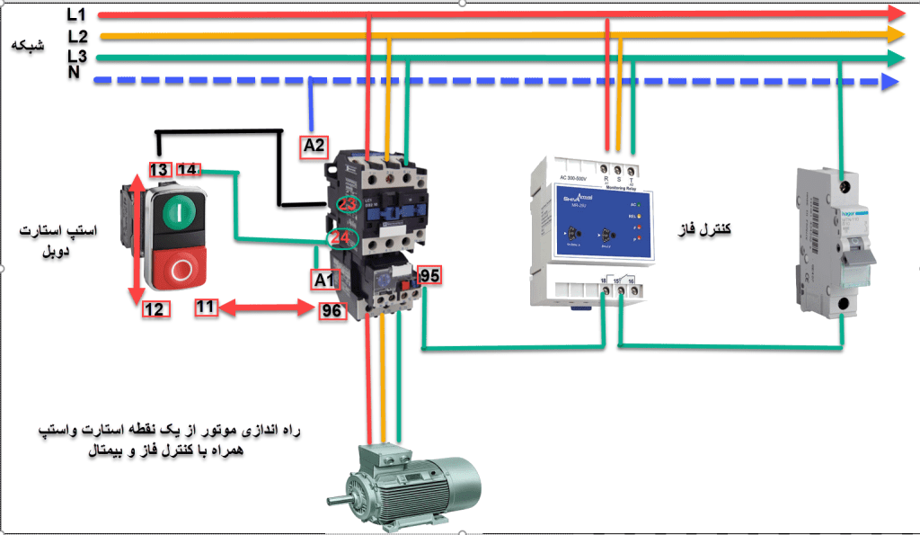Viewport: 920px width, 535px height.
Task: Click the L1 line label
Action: coord(77,14)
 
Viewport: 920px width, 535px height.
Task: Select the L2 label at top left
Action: coord(78,37)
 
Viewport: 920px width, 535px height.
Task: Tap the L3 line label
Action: coord(78,57)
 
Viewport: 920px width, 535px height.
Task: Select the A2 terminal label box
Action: coord(314,145)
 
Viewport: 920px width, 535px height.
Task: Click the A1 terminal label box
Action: coord(325,280)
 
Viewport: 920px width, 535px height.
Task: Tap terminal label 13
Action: coord(159,169)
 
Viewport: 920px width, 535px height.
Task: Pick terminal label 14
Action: coord(189,169)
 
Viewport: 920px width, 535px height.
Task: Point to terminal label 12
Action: coord(154,309)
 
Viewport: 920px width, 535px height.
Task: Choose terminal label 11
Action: coord(207,308)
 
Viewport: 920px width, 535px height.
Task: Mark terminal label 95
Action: coord(429,275)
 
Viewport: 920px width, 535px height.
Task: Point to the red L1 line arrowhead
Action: coord(895,13)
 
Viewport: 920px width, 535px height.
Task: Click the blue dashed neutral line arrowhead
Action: coord(890,82)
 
